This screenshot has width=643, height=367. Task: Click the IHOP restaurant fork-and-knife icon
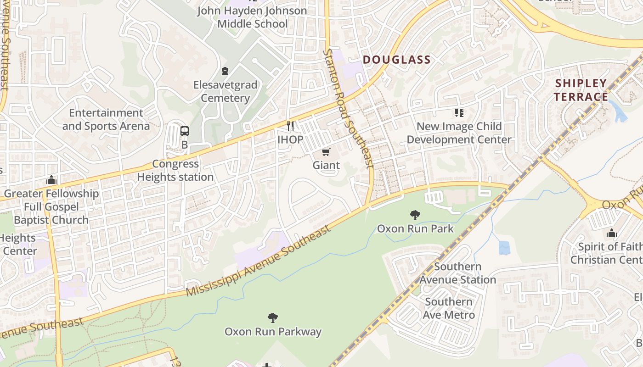tap(290, 125)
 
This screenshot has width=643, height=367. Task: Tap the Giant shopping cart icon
tap(326, 152)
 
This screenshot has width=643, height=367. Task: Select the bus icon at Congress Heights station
tap(185, 131)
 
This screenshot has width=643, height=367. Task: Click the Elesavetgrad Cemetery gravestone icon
tap(225, 71)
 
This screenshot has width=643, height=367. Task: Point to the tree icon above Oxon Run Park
tap(415, 215)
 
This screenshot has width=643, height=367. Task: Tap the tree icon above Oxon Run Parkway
tap(273, 317)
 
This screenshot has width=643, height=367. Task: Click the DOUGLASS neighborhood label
tap(397, 60)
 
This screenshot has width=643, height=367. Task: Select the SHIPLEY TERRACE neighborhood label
tap(581, 90)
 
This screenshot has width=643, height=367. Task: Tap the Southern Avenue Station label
tap(458, 273)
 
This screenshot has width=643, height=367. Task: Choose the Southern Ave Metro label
tap(449, 308)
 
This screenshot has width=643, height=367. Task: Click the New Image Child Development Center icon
tap(459, 112)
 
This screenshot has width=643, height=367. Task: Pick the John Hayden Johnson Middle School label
tap(252, 17)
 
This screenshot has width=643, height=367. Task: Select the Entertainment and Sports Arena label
tap(106, 119)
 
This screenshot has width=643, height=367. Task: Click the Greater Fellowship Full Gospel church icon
tap(51, 180)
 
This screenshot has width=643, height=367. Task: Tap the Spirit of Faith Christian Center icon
tap(611, 233)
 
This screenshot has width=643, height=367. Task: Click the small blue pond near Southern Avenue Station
tap(504, 248)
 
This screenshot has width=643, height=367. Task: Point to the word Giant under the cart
tap(326, 165)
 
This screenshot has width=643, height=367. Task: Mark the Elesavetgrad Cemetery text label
tap(225, 91)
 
